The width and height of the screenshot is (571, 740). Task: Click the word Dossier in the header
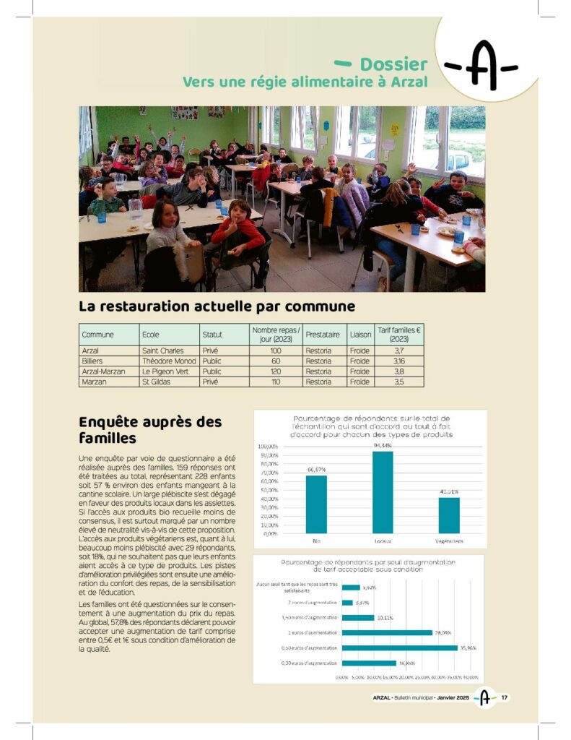point(393,65)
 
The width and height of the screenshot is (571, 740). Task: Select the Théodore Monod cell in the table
point(168,361)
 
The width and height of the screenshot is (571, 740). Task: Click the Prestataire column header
point(322,335)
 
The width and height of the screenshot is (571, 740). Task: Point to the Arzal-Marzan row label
point(103,371)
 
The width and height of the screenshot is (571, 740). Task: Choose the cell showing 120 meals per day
point(275,371)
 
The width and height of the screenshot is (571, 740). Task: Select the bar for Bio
point(316,504)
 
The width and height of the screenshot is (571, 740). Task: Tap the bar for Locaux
point(383,492)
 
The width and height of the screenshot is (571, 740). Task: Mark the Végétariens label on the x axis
point(449,541)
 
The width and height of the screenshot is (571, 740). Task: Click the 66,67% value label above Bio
point(316,470)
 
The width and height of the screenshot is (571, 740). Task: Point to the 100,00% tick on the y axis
point(267,446)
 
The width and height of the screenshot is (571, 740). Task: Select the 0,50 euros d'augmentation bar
point(400,647)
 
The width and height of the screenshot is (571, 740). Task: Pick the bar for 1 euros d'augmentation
point(387,632)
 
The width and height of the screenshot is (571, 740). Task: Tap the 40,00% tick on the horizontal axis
point(471,677)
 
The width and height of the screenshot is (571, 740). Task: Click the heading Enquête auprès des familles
point(150,430)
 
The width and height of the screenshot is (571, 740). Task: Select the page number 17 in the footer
point(505,697)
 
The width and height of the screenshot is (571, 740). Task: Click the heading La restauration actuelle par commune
point(217,306)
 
